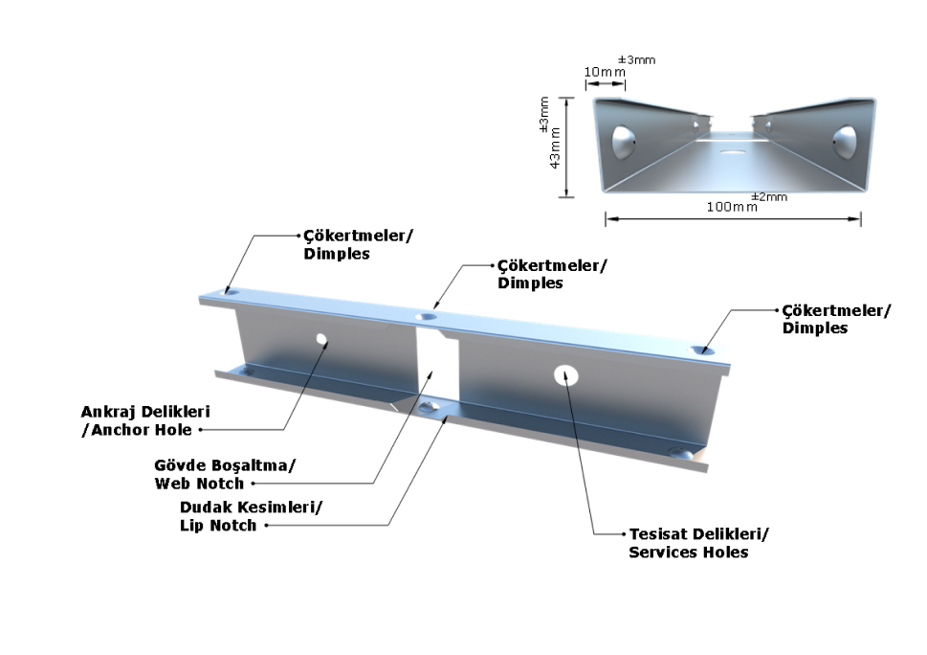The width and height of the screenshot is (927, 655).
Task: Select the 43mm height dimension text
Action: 554,147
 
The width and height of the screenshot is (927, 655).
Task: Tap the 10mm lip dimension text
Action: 605,73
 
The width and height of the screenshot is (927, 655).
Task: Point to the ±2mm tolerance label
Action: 768,196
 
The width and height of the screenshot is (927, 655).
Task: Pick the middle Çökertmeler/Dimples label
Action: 552,274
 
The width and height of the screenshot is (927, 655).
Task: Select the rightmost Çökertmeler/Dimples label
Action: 835,319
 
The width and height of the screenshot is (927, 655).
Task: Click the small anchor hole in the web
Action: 321,339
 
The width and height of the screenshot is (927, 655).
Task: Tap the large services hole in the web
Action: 564,374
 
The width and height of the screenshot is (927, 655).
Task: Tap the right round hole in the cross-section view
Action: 846,141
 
